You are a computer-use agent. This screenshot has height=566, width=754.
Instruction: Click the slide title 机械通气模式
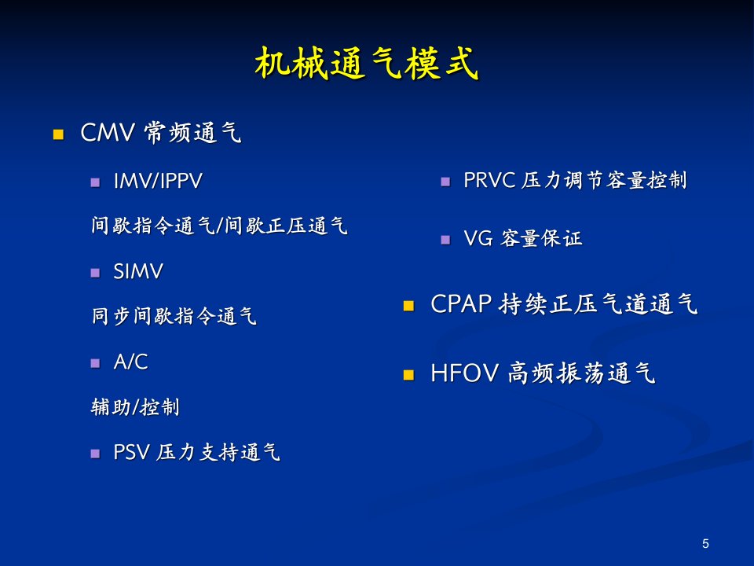click(367, 63)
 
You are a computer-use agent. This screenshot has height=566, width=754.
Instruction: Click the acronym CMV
click(108, 132)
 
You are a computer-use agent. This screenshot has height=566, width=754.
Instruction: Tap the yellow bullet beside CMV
click(58, 134)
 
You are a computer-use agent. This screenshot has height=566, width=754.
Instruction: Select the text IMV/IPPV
click(158, 182)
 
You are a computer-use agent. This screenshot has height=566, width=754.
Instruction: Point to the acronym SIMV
click(138, 271)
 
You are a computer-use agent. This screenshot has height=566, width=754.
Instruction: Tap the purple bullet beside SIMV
click(95, 273)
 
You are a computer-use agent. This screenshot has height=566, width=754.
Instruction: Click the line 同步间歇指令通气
click(174, 316)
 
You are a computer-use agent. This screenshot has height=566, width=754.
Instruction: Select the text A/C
click(130, 362)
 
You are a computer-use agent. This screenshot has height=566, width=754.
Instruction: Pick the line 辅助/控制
click(135, 407)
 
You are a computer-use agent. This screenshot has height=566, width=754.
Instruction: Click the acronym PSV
click(131, 453)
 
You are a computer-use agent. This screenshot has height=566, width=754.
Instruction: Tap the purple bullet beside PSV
click(95, 454)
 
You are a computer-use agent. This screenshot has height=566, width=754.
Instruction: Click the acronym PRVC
click(489, 181)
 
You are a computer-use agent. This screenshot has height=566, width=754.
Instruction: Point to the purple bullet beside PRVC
click(445, 182)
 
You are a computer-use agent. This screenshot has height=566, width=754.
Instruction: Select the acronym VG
click(478, 238)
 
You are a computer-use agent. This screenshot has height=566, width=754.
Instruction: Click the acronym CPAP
click(461, 304)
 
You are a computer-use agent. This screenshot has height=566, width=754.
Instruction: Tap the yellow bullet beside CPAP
click(408, 306)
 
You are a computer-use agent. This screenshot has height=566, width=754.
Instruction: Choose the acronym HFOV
click(464, 373)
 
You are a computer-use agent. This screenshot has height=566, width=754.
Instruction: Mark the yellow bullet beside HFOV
click(408, 375)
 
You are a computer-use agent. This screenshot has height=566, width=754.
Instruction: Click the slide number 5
click(705, 543)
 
